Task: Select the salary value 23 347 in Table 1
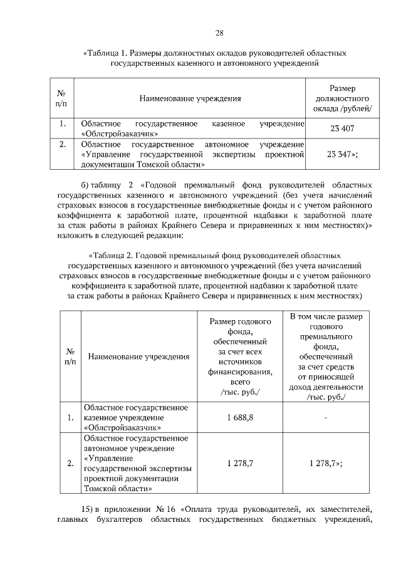(341, 154)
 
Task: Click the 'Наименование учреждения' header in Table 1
(190, 98)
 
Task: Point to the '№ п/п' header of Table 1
(62, 98)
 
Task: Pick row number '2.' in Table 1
(62, 145)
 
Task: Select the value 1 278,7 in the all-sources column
(240, 464)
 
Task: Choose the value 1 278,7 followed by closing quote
(325, 464)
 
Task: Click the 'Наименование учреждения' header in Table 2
(130, 357)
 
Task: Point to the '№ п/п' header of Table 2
(71, 357)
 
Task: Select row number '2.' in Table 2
(71, 464)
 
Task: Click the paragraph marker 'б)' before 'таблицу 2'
(86, 185)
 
